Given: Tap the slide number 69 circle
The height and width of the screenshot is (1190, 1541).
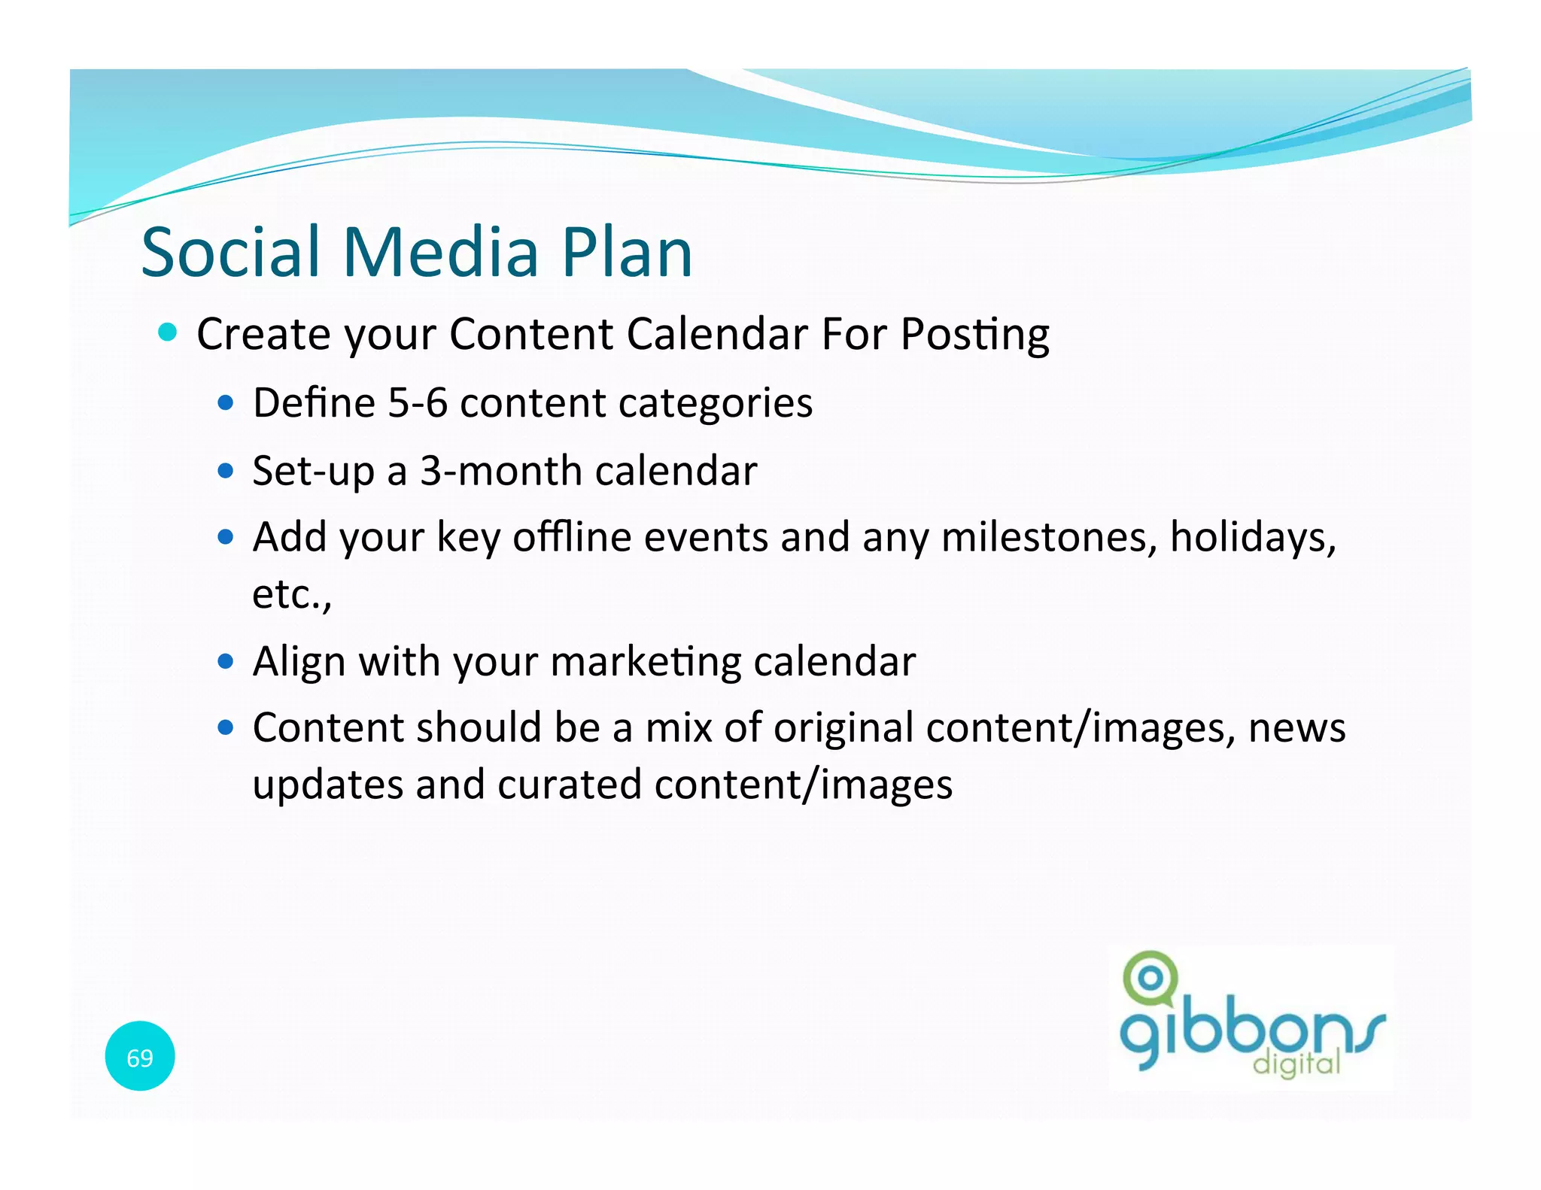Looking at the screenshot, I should (x=140, y=1056).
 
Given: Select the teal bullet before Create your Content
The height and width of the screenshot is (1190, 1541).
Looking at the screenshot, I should (x=168, y=332).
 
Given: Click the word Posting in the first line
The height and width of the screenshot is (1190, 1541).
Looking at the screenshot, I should (x=974, y=335).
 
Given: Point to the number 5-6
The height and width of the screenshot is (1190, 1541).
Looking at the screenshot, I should (x=417, y=403).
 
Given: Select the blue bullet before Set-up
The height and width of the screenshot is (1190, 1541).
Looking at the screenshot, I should (x=226, y=471).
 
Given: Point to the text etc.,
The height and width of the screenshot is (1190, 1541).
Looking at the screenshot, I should (x=292, y=594).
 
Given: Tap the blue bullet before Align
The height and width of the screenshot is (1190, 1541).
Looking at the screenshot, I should (x=226, y=661).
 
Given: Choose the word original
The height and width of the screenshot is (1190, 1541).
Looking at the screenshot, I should (x=843, y=729).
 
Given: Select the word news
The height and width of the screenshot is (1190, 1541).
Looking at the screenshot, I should (x=1296, y=729).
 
